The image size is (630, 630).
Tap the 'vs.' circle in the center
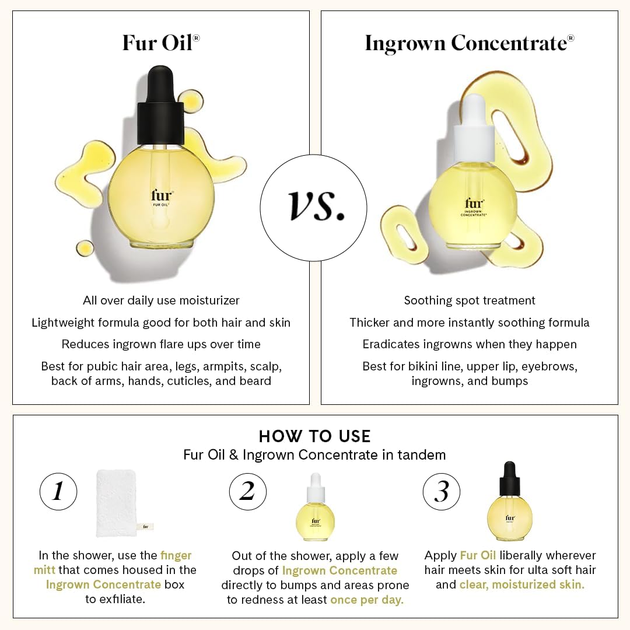click(313, 208)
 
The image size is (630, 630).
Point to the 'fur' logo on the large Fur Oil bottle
click(162, 196)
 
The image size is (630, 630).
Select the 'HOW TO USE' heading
click(314, 436)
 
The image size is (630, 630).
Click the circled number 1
click(58, 492)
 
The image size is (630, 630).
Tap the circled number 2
click(248, 492)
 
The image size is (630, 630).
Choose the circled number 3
click(442, 492)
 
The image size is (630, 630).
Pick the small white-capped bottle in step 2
click(316, 508)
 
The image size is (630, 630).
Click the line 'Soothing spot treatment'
click(470, 300)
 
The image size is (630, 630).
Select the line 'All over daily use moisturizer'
click(161, 300)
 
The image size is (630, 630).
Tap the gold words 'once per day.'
click(367, 600)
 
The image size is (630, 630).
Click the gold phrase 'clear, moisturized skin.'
click(521, 584)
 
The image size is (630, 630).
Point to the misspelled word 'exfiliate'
click(122, 600)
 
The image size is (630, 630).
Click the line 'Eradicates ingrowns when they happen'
click(470, 344)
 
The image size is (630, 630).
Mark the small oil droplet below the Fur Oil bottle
click(85, 249)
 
